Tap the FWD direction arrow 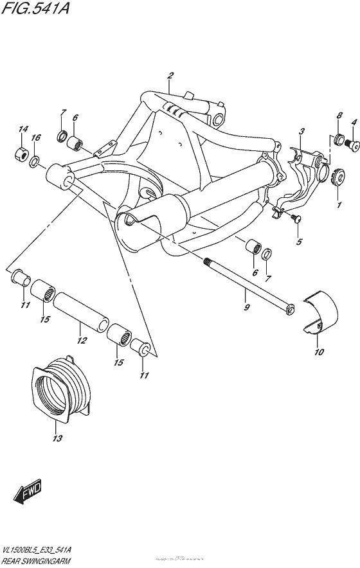[28, 493]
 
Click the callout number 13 [57, 439]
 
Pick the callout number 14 [23, 130]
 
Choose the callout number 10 [319, 352]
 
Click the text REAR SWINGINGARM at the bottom [36, 561]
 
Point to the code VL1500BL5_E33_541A [36, 551]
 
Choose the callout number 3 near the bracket [300, 132]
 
